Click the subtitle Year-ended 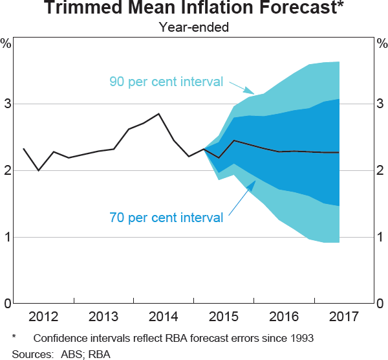(194, 27)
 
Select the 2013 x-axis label (102, 317)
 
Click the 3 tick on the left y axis (6, 104)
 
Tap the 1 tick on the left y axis (6, 237)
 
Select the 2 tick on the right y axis (381, 170)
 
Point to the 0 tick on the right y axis (381, 304)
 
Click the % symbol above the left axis (6, 44)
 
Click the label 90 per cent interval (166, 82)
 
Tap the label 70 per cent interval (166, 218)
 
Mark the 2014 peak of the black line (159, 114)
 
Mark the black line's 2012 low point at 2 (39, 170)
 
